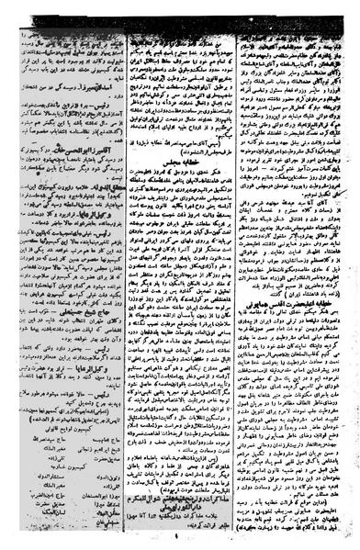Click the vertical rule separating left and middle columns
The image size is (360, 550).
(x=123, y=275)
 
